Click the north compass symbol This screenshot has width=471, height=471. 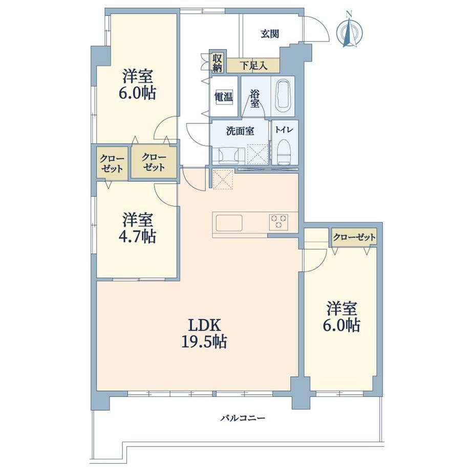349,30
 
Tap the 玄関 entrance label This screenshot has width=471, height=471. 269,34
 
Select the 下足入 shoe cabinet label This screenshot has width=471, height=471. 253,66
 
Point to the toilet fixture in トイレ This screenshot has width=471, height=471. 284,152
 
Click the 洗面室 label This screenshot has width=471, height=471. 240,131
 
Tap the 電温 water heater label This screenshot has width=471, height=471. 224,97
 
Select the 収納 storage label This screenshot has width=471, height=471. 217,63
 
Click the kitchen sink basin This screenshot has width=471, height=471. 229,223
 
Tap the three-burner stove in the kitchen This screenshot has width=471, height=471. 279,222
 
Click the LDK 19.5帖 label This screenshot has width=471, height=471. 204,333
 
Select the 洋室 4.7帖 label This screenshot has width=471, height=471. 138,228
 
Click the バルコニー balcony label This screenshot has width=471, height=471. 243,418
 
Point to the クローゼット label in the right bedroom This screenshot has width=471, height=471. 354,238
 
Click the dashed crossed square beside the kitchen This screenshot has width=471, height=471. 223,179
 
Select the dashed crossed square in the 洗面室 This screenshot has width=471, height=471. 258,154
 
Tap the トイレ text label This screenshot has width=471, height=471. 284,130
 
